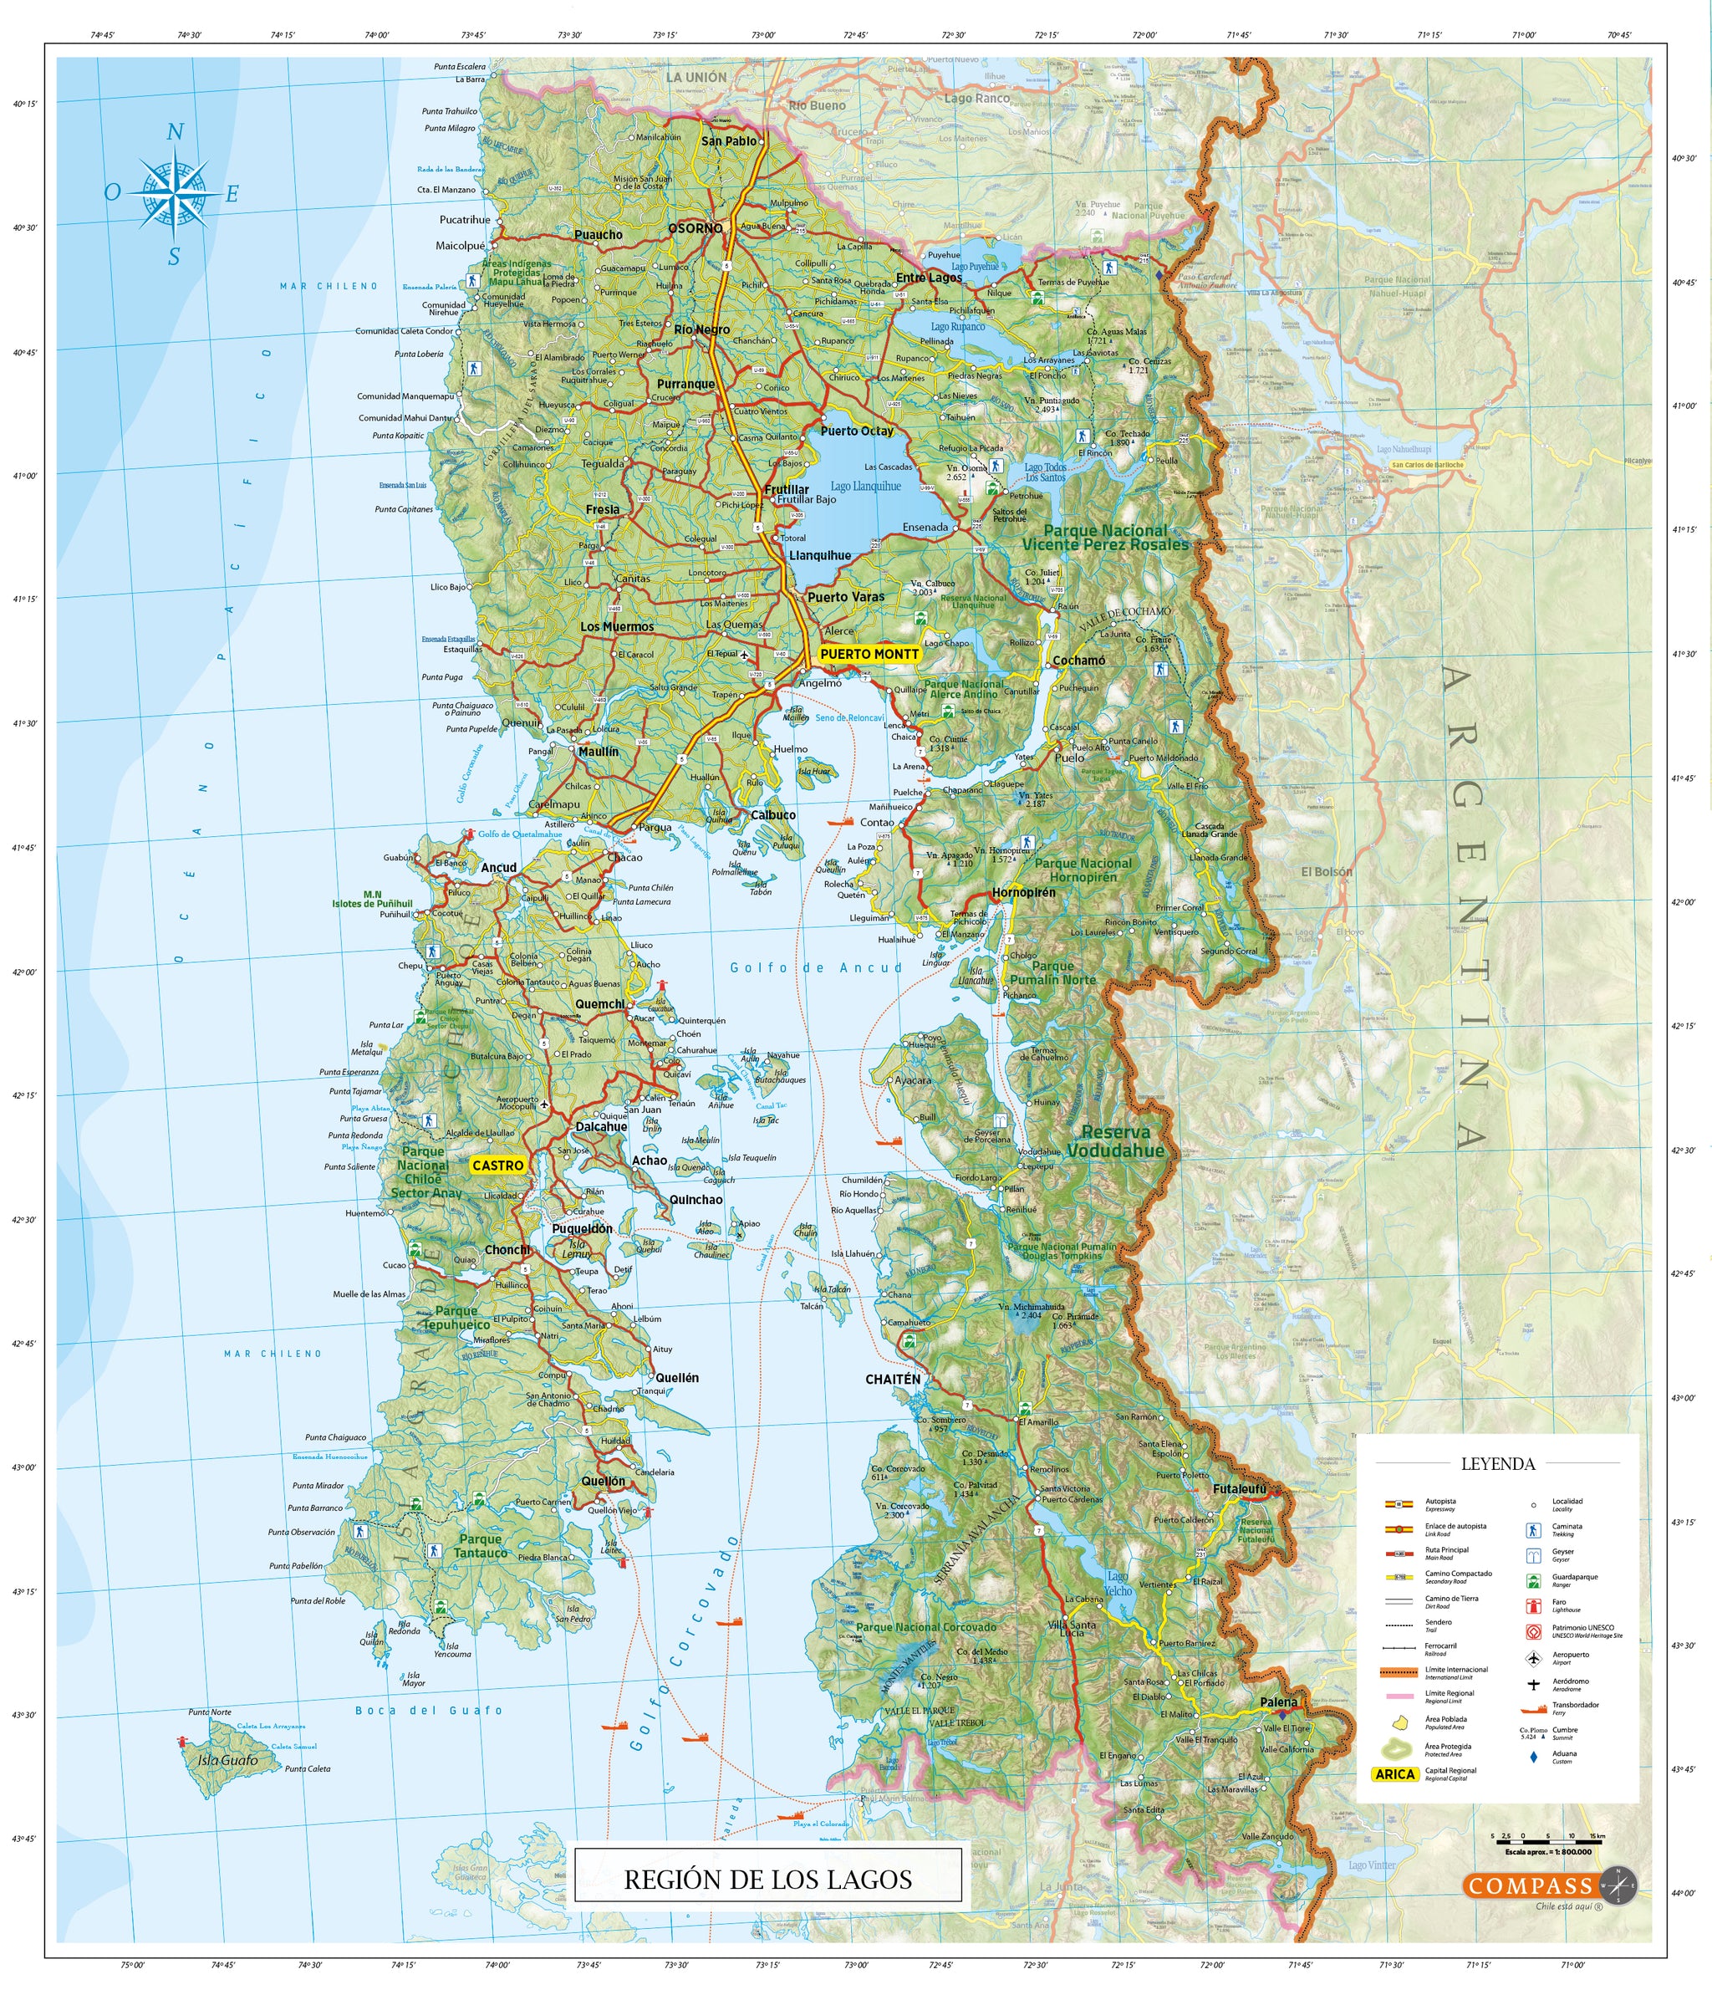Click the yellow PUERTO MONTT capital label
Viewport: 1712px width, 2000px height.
(869, 654)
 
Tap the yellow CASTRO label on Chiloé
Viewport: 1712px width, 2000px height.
(497, 1165)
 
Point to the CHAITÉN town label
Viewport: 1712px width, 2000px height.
(892, 1380)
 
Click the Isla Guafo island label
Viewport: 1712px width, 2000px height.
(227, 1760)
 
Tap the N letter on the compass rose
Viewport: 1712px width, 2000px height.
(175, 132)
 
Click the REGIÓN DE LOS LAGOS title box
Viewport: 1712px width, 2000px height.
(767, 1880)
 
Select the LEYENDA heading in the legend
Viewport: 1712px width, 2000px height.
(1497, 1463)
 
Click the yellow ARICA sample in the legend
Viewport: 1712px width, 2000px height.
(1394, 1774)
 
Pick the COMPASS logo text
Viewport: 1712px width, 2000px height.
(1529, 1886)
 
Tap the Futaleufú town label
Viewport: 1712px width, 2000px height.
(1238, 1489)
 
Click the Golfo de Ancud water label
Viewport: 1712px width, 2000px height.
(816, 967)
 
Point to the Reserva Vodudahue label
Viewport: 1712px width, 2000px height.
(1116, 1141)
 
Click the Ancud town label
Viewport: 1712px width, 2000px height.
(499, 867)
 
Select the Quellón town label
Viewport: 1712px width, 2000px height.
(604, 1481)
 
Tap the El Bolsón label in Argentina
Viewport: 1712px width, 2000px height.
(1326, 870)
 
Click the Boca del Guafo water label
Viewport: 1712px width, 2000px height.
(429, 1710)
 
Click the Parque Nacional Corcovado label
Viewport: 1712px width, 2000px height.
(925, 1626)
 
